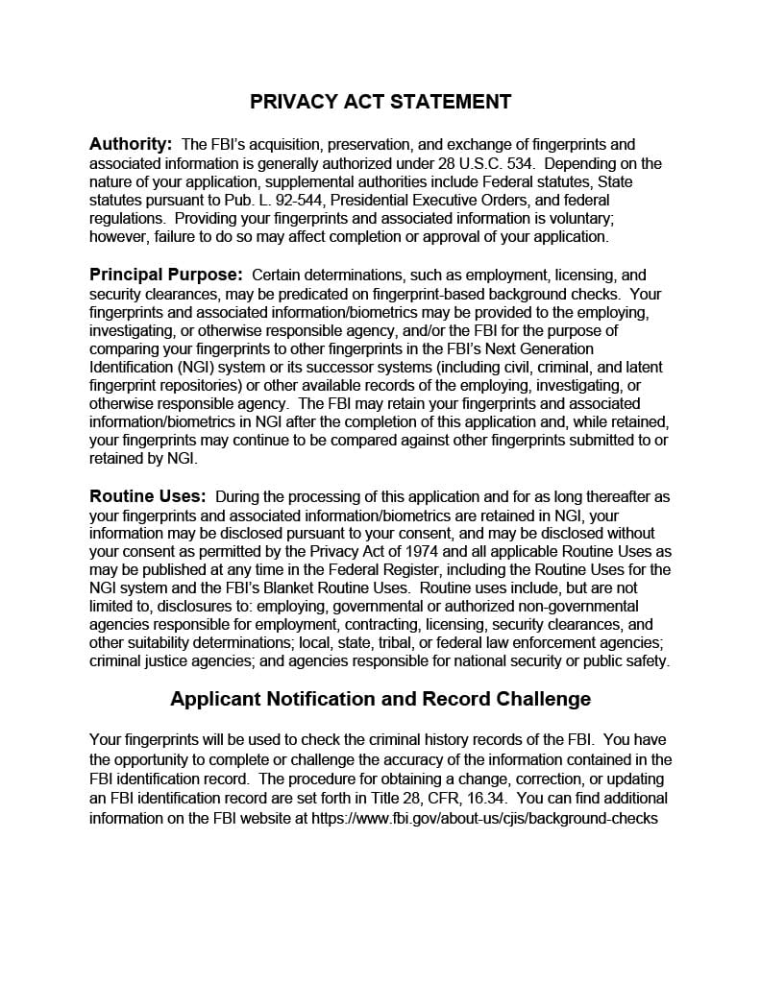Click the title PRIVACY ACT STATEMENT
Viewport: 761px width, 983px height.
380,102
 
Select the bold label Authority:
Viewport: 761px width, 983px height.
131,144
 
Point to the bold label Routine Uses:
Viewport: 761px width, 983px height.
148,496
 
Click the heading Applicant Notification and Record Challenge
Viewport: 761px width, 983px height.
380,698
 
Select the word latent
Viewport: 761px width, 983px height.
642,367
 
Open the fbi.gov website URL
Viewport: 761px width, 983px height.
485,817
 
